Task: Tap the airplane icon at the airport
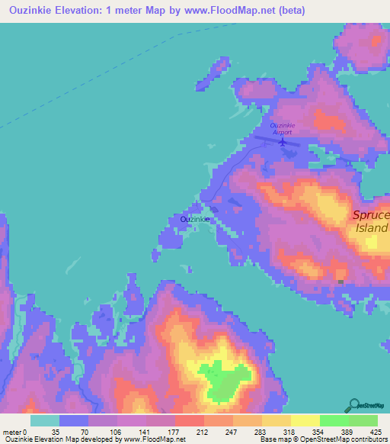(283, 140)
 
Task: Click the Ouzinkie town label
(195, 219)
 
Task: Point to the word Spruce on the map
(371, 216)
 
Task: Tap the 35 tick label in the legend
(54, 432)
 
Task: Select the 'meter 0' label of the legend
(16, 432)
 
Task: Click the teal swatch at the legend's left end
(45, 420)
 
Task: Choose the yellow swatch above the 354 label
(305, 420)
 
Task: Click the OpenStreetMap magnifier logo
(354, 404)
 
